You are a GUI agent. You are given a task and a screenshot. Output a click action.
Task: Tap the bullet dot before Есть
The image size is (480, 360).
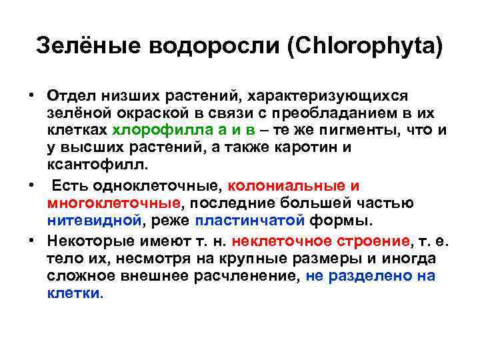pos(31,185)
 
